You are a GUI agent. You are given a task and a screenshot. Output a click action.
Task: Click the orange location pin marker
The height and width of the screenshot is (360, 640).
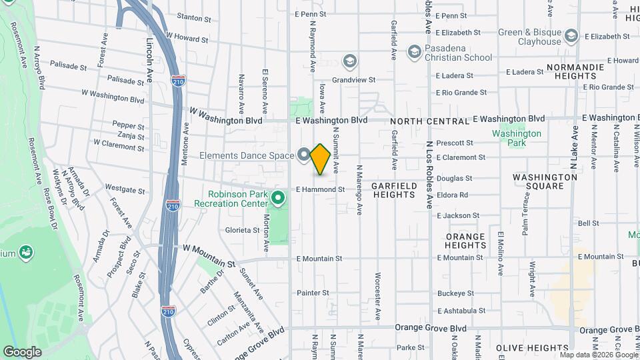(x=320, y=159)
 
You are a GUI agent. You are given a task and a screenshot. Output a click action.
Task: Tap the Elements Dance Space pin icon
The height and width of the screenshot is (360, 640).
(x=304, y=155)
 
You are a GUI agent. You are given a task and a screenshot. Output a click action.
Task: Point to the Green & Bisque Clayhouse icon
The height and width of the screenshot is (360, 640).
(x=571, y=36)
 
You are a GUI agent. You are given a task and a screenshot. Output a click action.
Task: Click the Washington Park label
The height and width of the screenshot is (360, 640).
(x=517, y=138)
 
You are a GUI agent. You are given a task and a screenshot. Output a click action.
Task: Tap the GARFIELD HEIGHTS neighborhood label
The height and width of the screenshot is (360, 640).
(x=393, y=190)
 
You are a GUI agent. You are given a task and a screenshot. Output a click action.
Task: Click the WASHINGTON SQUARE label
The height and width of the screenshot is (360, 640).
(x=545, y=181)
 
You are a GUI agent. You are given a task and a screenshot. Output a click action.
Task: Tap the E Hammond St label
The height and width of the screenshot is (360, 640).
(x=321, y=189)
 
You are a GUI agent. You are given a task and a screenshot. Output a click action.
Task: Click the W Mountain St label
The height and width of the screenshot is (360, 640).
(x=209, y=247)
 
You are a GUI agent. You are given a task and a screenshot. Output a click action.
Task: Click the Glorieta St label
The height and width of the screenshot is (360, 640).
(x=242, y=230)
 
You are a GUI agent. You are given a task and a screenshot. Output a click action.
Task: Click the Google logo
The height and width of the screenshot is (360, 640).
(x=22, y=351)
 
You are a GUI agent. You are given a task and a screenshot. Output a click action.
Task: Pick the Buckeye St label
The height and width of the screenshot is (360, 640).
(x=456, y=293)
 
